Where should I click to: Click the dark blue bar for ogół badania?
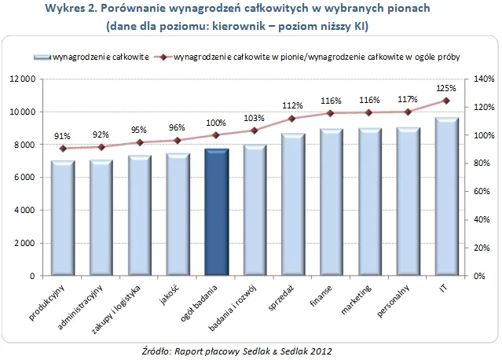(x=216, y=212)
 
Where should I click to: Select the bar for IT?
(x=446, y=197)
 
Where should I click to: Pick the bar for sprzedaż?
(x=293, y=204)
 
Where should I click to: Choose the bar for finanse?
(x=332, y=203)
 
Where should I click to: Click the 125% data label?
(x=445, y=87)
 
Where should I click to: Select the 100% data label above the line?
(x=216, y=123)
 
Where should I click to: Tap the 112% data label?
(x=292, y=105)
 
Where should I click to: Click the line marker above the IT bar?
(x=446, y=101)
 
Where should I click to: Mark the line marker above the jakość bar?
(x=178, y=141)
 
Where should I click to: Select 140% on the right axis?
(x=482, y=79)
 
